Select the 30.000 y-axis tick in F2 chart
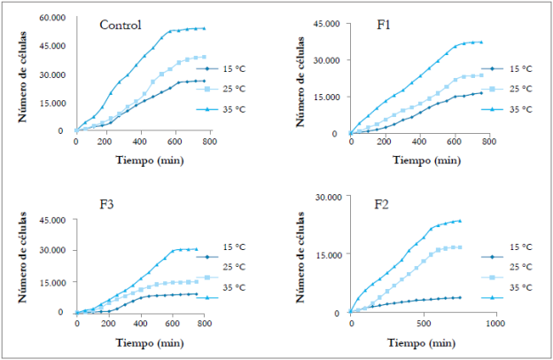coord(326,197)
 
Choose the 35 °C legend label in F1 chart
coord(520,109)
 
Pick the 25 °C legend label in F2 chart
coord(520,266)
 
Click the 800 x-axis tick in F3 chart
coord(203,322)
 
